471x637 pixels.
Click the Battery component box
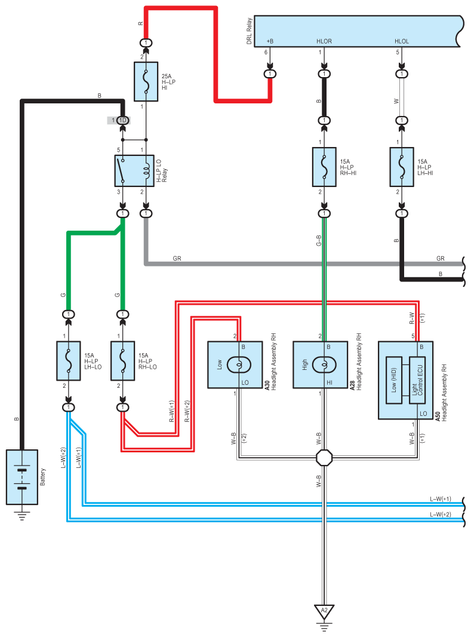(x=22, y=477)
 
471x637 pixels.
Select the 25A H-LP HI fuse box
(x=146, y=81)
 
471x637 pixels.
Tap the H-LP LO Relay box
(x=134, y=171)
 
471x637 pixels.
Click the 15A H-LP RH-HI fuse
(x=324, y=167)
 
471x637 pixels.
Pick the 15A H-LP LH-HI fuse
(x=402, y=167)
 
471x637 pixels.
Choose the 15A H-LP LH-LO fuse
(x=69, y=361)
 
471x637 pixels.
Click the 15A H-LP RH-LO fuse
(x=122, y=361)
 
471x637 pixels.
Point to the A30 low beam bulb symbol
(x=239, y=365)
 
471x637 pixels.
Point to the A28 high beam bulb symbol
(x=324, y=365)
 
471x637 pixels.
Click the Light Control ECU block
(x=417, y=380)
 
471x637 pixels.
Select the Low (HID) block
(x=393, y=380)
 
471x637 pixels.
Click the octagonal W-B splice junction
(x=324, y=458)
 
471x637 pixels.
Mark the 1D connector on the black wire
(x=122, y=120)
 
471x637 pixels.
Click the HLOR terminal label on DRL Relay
(x=324, y=41)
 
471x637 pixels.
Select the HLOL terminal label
(x=402, y=41)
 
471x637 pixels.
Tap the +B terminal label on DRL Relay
(x=270, y=41)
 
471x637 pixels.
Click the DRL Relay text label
(x=249, y=31)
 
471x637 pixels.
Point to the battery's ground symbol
(x=22, y=515)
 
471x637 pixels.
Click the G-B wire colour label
(x=318, y=240)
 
